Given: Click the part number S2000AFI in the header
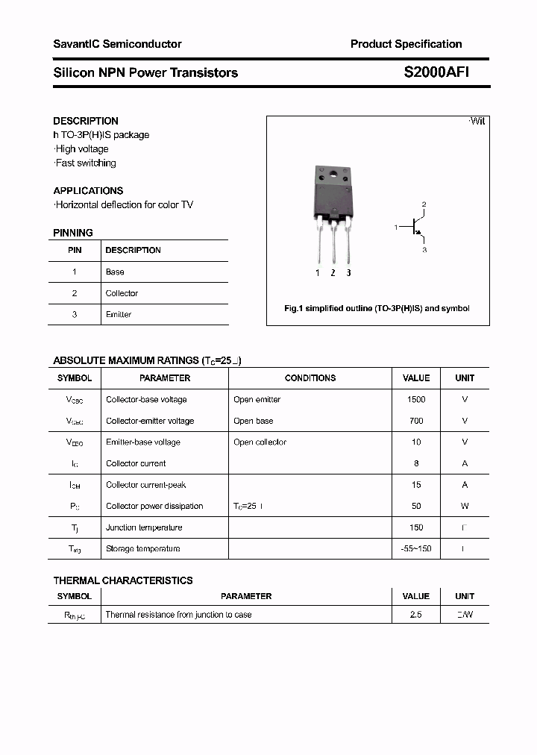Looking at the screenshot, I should point(436,72).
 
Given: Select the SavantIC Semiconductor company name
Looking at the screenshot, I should point(117,44).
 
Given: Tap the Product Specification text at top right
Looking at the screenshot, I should point(406,44).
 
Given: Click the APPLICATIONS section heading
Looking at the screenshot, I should point(88,190).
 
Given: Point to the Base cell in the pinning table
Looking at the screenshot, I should point(115,272).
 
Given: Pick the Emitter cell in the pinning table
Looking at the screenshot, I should point(119,314).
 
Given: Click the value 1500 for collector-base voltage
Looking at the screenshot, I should point(416,399).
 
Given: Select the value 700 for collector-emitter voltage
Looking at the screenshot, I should point(416,421).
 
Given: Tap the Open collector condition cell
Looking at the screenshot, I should point(260,442).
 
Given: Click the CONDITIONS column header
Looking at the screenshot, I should point(310,378).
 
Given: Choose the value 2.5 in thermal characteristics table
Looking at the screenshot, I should point(415,615).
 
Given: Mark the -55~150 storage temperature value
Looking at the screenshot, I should point(416,548).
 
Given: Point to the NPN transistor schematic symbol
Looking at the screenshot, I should point(415,227).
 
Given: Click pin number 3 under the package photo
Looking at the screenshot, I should point(348,273).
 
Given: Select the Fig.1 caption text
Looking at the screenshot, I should point(377,308).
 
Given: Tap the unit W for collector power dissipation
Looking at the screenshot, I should point(465,506).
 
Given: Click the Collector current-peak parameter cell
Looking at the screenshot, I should point(146,484).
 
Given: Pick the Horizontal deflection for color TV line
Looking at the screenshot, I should point(124,204).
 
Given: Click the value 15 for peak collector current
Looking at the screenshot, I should point(416,484).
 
